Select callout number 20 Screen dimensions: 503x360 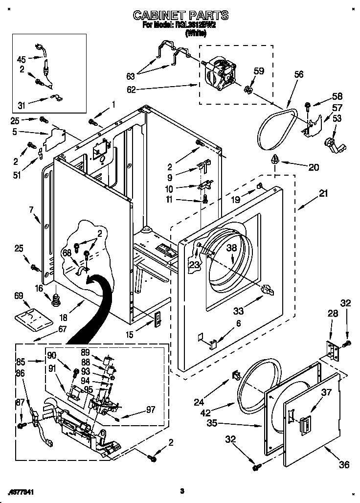(x=313, y=167)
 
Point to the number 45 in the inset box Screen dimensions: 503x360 (x=22, y=59)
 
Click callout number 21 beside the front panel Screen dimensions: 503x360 (x=324, y=194)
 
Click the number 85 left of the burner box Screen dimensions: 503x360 (x=21, y=363)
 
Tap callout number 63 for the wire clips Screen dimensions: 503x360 (x=130, y=76)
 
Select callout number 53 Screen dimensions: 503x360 (x=337, y=118)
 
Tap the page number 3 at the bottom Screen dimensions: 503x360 (x=181, y=491)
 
